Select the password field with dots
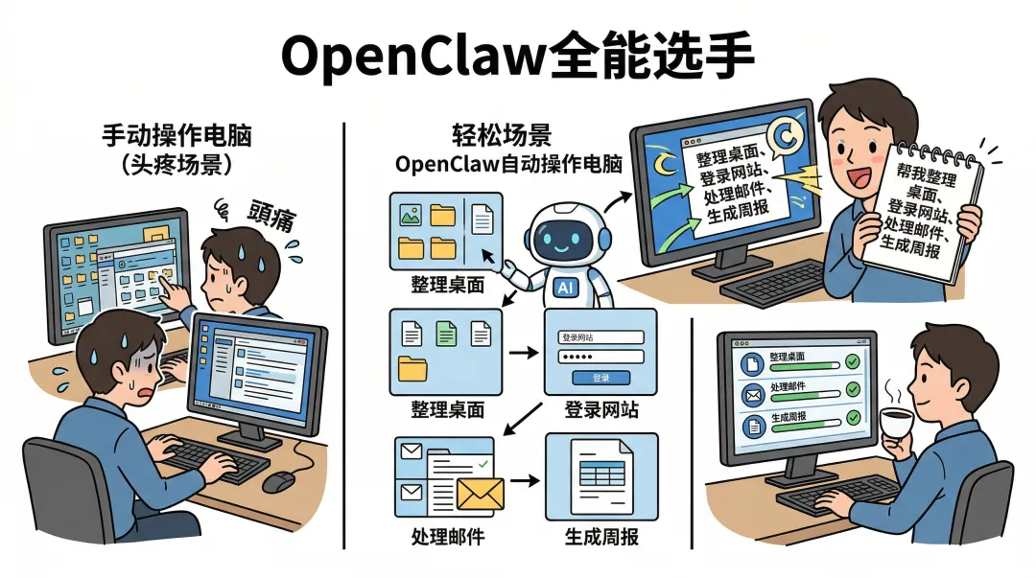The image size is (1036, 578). pos(600,358)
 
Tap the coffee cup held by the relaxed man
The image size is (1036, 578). pos(898,422)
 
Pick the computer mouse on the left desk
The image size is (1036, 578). pos(278,481)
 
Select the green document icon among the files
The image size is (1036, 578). pos(446,334)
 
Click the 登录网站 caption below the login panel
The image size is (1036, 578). pos(600,410)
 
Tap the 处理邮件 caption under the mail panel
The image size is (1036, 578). pos(446,535)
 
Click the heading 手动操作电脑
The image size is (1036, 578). pos(177,136)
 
